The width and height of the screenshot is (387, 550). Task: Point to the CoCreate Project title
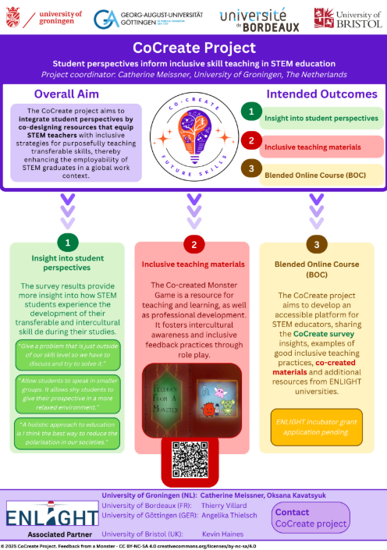pyautogui.click(x=193, y=48)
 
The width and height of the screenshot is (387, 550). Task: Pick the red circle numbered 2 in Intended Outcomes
pyautogui.click(x=250, y=141)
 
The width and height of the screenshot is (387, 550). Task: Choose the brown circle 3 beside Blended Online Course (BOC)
pyautogui.click(x=250, y=169)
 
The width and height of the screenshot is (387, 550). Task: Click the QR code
pyautogui.click(x=192, y=458)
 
